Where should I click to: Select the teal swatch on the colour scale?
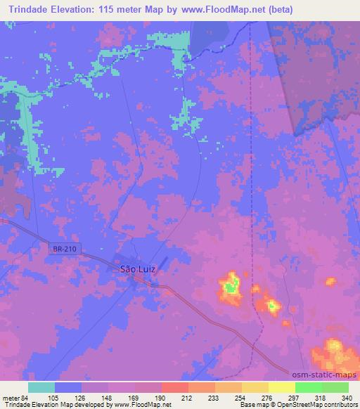pyautogui.click(x=41, y=387)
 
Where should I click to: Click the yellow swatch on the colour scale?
pyautogui.click(x=282, y=387)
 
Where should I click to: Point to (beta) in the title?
pyautogui.click(x=276, y=10)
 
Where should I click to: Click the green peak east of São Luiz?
pyautogui.click(x=229, y=286)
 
